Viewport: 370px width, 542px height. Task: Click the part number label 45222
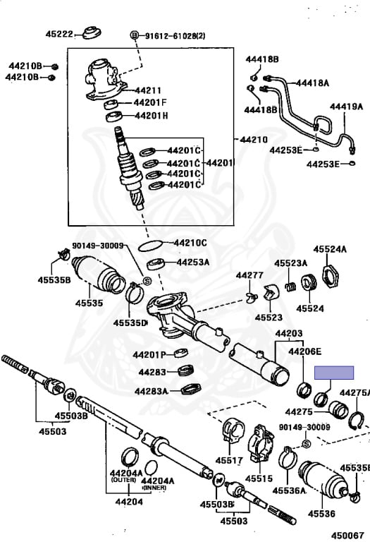coord(59,34)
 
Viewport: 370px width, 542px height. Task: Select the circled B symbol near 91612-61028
coord(135,35)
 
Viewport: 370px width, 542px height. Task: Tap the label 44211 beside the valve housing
coord(148,90)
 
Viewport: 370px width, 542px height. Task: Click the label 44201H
coord(152,116)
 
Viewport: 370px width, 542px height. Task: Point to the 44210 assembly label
coord(254,140)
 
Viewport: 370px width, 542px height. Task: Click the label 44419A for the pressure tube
coord(346,107)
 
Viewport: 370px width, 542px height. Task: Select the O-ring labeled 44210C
coord(151,246)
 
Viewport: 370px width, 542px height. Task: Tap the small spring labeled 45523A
coord(290,287)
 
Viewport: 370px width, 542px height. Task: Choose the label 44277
coord(249,275)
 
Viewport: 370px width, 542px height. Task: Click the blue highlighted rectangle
coord(334,373)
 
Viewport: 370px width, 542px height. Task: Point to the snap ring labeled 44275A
coord(356,421)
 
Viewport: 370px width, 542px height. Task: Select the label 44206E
coord(304,351)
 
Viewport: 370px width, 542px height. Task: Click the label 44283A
coord(152,391)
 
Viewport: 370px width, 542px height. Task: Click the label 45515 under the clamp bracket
coord(259,478)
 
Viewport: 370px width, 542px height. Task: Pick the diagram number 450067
coord(347,536)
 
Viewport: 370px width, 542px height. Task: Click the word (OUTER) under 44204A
coord(123,480)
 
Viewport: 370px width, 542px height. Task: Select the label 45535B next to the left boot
coord(54,279)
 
